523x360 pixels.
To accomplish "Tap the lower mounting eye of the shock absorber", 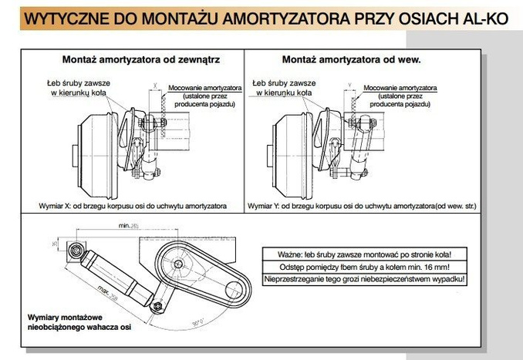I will click(x=158, y=308).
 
